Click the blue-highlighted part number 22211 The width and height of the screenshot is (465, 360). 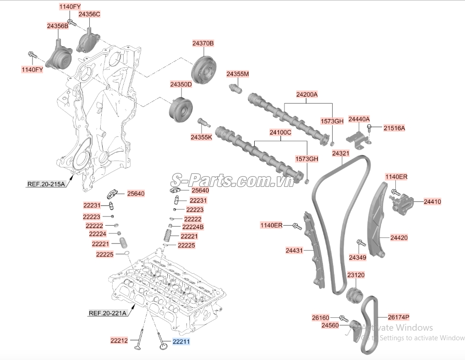[181, 342]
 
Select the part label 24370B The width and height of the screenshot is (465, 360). [203, 43]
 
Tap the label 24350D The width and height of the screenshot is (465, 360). [181, 84]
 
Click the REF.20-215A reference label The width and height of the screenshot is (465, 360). [46, 184]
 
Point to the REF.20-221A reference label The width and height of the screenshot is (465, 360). [108, 313]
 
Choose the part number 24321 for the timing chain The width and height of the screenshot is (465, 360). [341, 154]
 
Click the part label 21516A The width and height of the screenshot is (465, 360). [394, 128]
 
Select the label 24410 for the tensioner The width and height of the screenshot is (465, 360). [432, 202]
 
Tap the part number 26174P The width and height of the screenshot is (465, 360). [399, 317]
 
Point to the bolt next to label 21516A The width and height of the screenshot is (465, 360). [369, 128]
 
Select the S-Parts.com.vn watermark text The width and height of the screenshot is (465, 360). [233, 180]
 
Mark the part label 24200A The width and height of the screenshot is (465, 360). [307, 94]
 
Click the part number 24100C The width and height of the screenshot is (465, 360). [280, 133]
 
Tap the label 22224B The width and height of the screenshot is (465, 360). [193, 227]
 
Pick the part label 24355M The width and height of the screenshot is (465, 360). [238, 74]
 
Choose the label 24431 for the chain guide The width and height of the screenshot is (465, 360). [294, 250]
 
